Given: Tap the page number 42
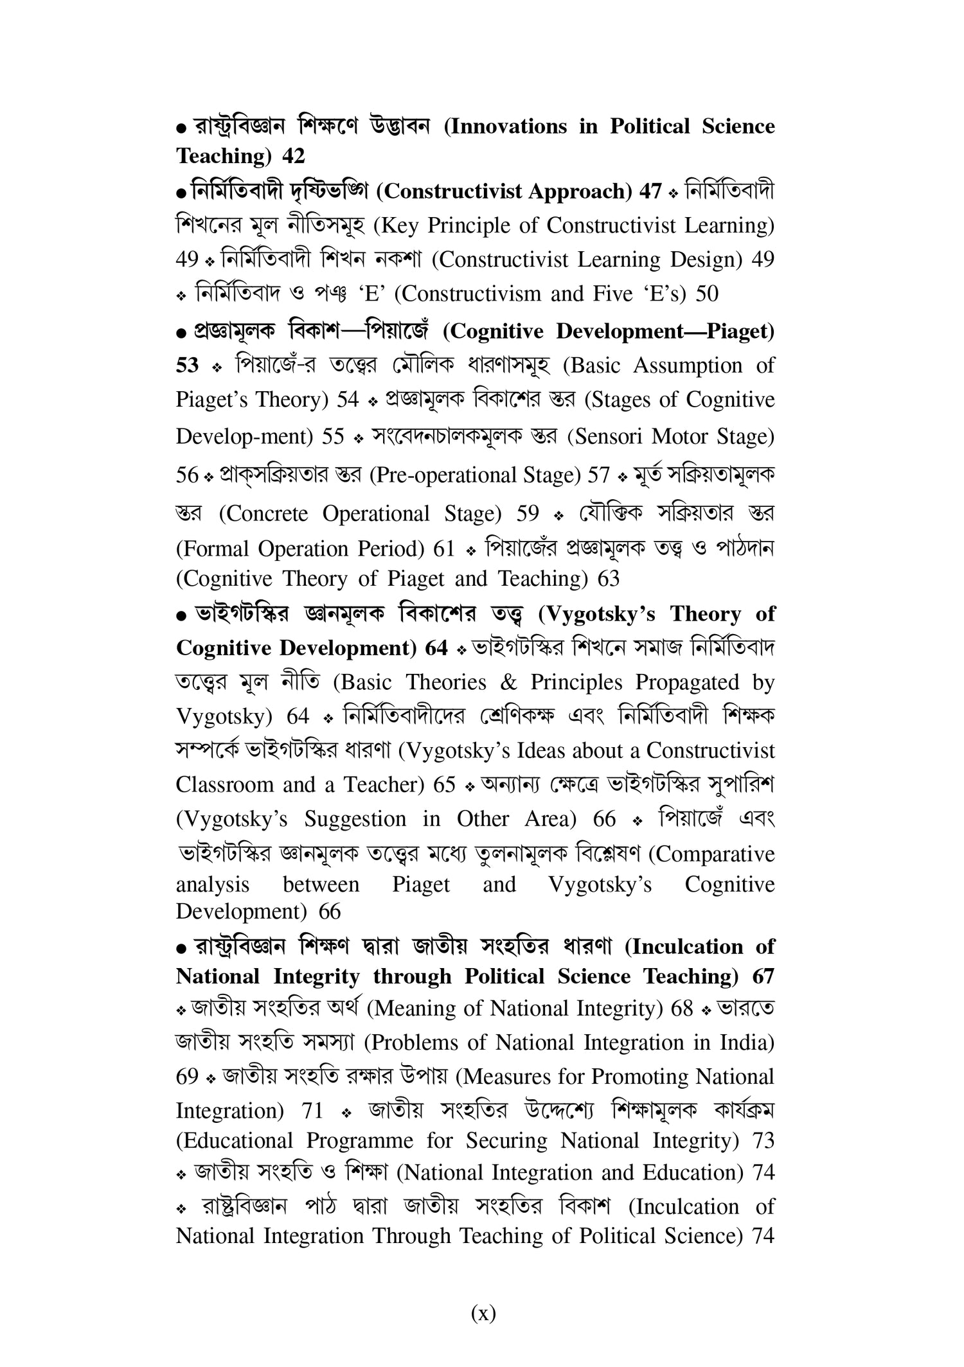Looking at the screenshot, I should [294, 155].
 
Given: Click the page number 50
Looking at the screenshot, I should [707, 294].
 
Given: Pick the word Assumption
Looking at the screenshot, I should [688, 366].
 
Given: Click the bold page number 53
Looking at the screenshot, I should [188, 366].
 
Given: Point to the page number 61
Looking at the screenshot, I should [444, 549].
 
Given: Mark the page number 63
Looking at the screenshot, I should [608, 579].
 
